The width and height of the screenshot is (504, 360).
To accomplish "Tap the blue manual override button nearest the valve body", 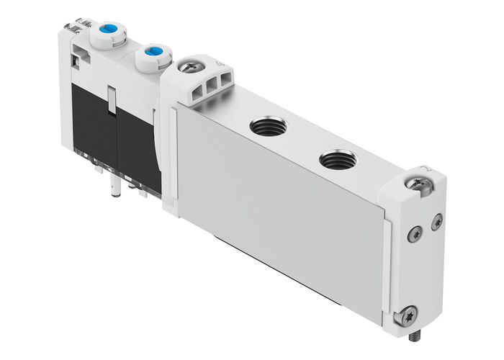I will (x=153, y=52).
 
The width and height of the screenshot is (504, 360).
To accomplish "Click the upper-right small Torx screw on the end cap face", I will (x=436, y=224).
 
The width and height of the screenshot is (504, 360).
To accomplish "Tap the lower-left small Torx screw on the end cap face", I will (x=414, y=233).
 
